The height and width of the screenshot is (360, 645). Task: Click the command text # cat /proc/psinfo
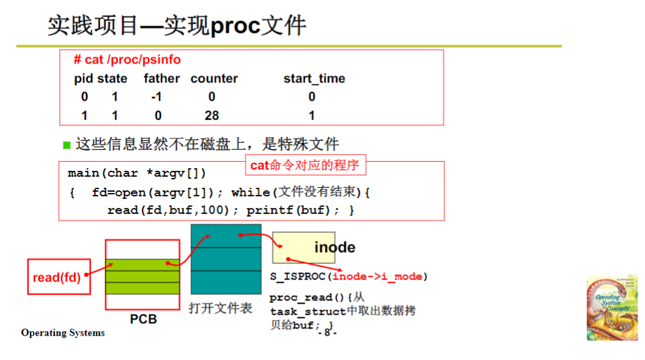[x=127, y=60]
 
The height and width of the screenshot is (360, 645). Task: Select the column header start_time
[x=314, y=79]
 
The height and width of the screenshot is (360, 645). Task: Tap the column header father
[x=162, y=79]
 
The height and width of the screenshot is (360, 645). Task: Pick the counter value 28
[x=211, y=115]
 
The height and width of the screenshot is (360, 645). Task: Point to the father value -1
[x=155, y=97]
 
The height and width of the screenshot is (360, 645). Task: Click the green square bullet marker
[x=66, y=144]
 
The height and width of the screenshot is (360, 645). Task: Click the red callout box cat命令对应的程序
[x=304, y=165]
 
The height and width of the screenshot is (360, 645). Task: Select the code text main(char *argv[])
[x=137, y=173]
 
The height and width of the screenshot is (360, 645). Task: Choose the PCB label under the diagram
[x=143, y=320]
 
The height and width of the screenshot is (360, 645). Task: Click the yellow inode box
[x=304, y=247]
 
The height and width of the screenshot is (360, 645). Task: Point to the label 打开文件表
[x=221, y=308]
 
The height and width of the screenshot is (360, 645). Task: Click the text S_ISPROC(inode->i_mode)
[x=348, y=277]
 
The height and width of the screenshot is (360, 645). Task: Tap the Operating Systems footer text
[x=63, y=333]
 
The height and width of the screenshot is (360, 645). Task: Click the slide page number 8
[x=326, y=333]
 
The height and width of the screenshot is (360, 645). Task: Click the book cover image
[x=612, y=308]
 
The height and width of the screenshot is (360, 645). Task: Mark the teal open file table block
[x=226, y=259]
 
